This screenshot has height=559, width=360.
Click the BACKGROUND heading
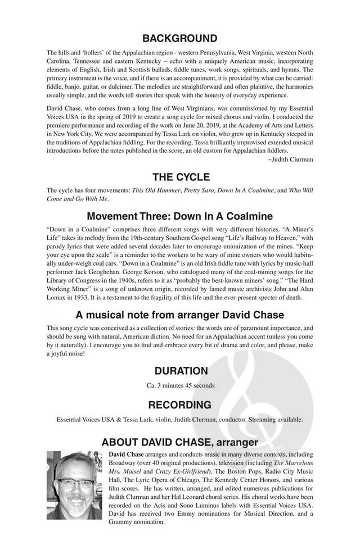point(179,39)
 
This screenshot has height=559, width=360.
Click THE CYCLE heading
point(179,178)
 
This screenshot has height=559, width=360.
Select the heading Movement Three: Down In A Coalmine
point(179,216)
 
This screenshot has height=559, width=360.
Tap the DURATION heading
point(179,371)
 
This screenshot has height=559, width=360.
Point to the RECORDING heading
point(179,405)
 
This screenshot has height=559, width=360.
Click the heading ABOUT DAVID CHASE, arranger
point(179,442)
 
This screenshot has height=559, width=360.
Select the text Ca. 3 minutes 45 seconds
point(179,385)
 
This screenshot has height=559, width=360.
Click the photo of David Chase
point(74,484)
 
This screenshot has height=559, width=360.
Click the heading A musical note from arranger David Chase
point(179,315)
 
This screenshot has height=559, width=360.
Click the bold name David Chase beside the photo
point(126,453)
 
